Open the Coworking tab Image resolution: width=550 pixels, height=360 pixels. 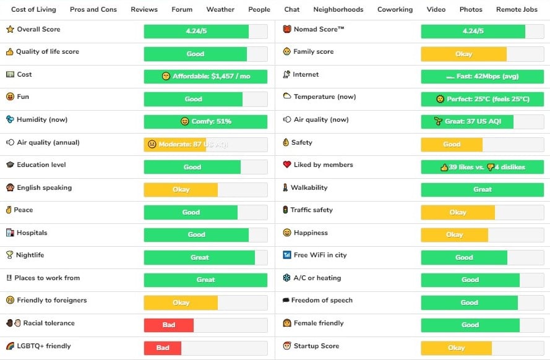395,9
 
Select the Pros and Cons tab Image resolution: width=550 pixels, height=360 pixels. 93,9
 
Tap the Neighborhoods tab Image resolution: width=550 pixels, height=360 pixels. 338,9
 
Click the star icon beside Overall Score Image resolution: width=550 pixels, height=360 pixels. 10,30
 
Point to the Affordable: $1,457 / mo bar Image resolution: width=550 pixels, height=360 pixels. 205,77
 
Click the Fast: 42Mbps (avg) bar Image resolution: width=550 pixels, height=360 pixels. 483,77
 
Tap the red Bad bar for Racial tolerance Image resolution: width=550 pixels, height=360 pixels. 169,325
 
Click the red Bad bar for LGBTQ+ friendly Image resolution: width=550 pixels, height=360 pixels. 163,348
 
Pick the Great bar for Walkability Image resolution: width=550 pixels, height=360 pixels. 483,189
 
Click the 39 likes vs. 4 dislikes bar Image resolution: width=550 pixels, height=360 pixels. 483,167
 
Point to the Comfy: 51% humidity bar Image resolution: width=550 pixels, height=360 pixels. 205,122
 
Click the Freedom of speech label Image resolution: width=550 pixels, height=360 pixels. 322,301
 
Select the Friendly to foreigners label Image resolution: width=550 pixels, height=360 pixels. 52,301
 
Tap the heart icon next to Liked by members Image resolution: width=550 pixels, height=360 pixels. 287,165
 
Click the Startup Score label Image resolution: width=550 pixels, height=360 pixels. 316,346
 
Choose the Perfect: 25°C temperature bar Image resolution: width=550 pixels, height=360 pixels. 483,99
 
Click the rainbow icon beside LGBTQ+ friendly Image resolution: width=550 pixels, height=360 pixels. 10,346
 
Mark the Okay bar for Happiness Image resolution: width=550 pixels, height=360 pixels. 455,235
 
